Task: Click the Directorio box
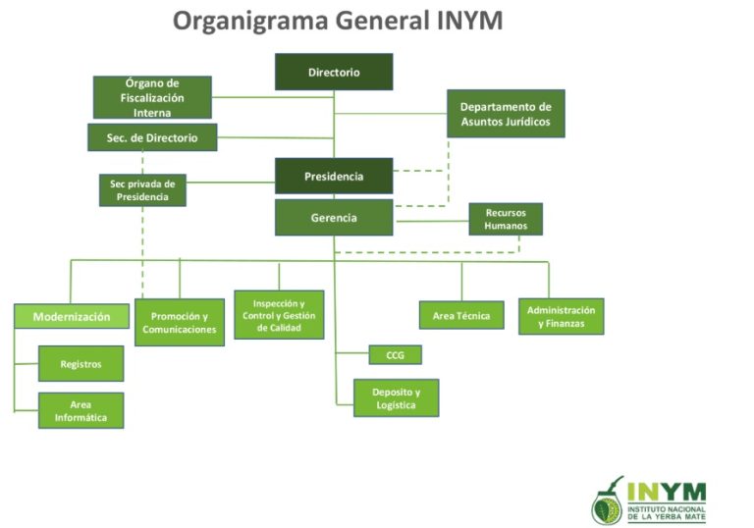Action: point(334,72)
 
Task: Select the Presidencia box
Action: point(334,176)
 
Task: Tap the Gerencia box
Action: point(334,217)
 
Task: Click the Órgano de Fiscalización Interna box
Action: point(152,97)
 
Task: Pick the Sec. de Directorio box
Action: point(152,138)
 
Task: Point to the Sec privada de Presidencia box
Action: point(142,189)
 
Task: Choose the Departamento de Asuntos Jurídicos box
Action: point(506,114)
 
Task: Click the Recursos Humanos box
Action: point(506,219)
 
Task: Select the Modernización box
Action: point(72,316)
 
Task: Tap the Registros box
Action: point(81,363)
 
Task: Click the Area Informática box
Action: point(81,410)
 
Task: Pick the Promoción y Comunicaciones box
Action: point(180,323)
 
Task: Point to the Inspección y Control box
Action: point(279,315)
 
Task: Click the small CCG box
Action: point(395,355)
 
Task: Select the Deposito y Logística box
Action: point(396,398)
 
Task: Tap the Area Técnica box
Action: point(461,316)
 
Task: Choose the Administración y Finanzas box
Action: point(561,316)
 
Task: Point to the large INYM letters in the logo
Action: point(667,490)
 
